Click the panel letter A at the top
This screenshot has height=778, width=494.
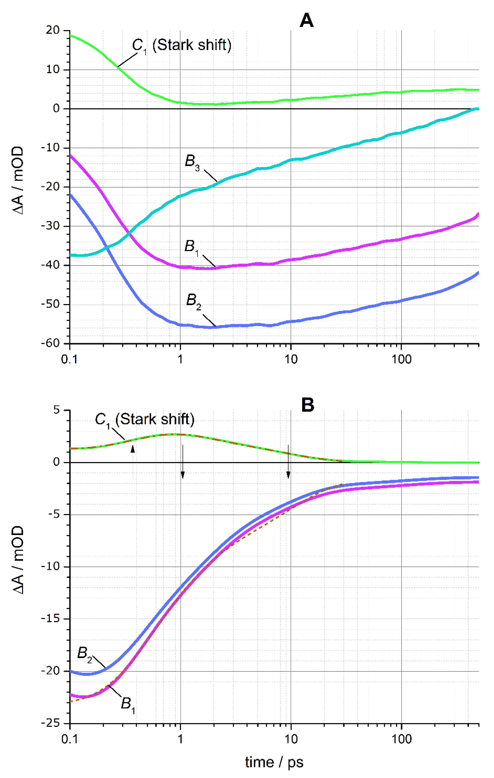coord(306,21)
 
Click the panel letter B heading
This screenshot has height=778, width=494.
coord(307,404)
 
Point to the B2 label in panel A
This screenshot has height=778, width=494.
coord(193,301)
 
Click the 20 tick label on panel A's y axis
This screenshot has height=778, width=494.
coord(53,31)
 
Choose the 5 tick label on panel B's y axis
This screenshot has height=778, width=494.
coord(57,410)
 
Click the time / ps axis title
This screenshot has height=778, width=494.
coord(274,762)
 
